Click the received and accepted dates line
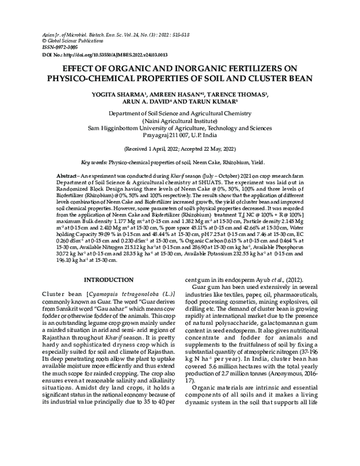[180, 147]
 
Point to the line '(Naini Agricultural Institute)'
[180, 120]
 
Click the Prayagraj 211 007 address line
[180, 135]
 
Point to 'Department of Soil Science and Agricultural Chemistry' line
[180, 113]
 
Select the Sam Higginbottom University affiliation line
[180, 128]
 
